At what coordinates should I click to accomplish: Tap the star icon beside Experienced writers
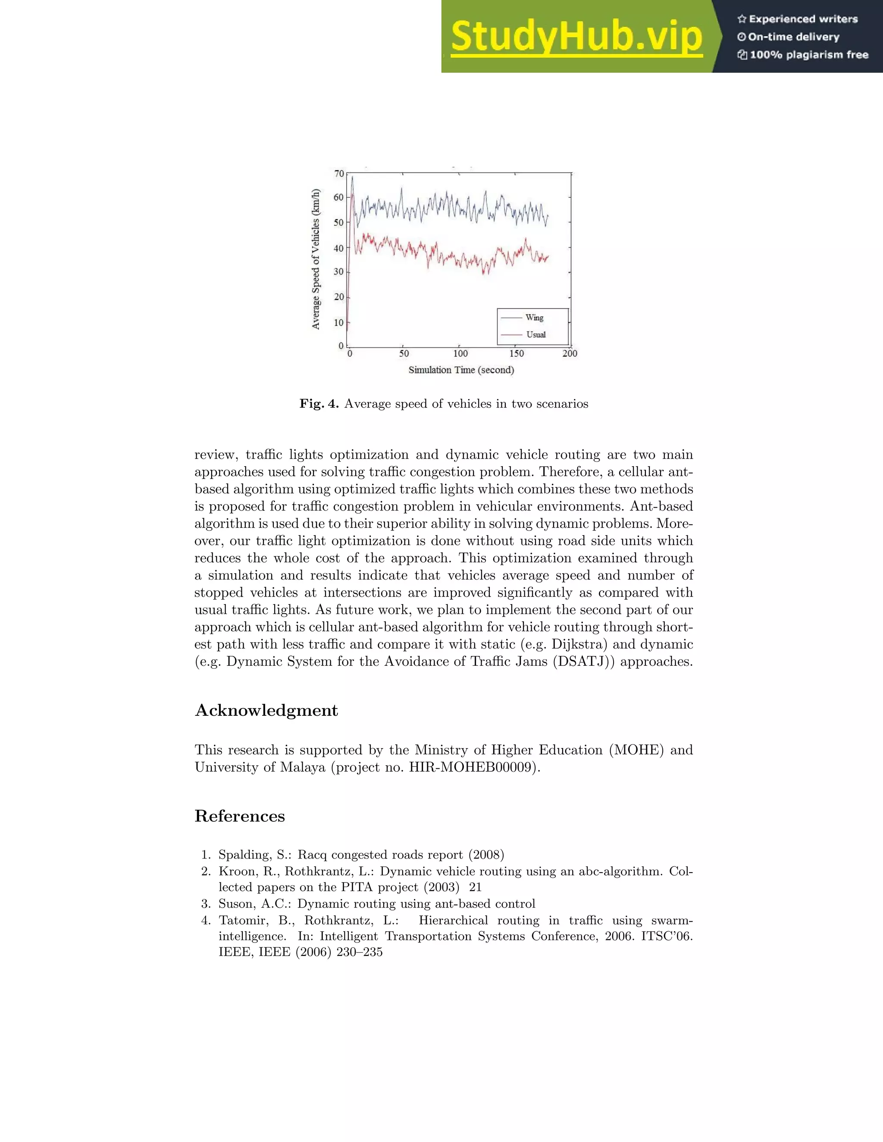[x=741, y=19]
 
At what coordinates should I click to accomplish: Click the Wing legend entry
[x=534, y=318]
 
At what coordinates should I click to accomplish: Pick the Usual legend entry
[x=535, y=335]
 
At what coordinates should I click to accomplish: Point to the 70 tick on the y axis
[x=339, y=173]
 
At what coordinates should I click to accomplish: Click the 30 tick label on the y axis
[x=339, y=271]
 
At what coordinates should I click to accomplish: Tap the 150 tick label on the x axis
[x=516, y=353]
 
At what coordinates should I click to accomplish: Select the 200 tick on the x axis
[x=570, y=353]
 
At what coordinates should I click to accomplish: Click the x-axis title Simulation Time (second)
[x=461, y=370]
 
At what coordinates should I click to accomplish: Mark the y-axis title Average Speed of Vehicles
[x=316, y=259]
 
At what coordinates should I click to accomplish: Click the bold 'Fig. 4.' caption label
[x=319, y=404]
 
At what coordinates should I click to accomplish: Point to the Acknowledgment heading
[x=266, y=711]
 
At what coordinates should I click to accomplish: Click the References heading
[x=240, y=816]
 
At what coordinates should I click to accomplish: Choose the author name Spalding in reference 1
[x=242, y=855]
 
